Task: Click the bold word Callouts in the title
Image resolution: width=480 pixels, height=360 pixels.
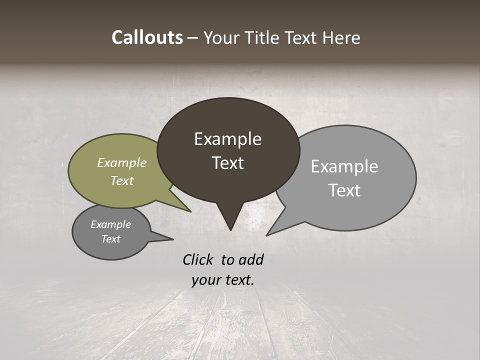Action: tap(147, 37)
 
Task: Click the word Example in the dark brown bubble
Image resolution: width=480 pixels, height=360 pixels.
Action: tap(227, 139)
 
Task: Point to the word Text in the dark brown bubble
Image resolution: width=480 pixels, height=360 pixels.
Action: tap(227, 163)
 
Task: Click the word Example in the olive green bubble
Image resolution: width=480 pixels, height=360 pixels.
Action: tap(122, 163)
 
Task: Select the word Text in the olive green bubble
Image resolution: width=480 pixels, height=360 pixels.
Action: tap(122, 180)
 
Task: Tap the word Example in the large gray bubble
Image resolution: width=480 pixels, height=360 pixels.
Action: tap(344, 166)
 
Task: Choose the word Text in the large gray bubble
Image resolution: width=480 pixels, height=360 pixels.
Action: tap(344, 190)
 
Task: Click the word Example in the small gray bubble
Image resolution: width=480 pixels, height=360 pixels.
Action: tap(110, 224)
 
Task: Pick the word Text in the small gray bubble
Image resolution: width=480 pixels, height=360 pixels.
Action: tap(110, 239)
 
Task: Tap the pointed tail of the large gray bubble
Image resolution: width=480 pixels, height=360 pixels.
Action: tap(273, 230)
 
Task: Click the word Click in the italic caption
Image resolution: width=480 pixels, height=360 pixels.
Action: tap(198, 259)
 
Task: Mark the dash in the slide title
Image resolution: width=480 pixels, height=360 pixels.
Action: tap(193, 38)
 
